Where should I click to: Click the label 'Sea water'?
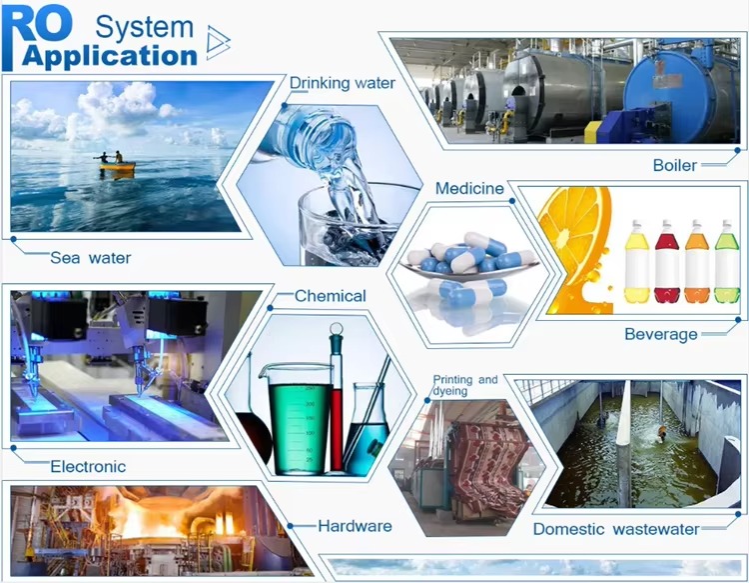pyautogui.click(x=90, y=258)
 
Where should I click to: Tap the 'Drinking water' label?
pyautogui.click(x=342, y=83)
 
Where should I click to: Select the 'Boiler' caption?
pyautogui.click(x=674, y=165)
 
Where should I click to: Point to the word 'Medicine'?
pyautogui.click(x=469, y=188)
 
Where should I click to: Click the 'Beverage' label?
pyautogui.click(x=661, y=334)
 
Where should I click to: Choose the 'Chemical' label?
pyautogui.click(x=331, y=296)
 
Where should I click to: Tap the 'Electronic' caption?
pyautogui.click(x=88, y=466)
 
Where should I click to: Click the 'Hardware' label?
pyautogui.click(x=355, y=526)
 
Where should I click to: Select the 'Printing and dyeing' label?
pyautogui.click(x=464, y=385)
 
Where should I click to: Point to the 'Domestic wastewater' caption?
pyautogui.click(x=616, y=529)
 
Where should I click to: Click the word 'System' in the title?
pyautogui.click(x=144, y=27)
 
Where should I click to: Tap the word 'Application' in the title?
pyautogui.click(x=110, y=56)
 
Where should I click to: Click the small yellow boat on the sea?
pyautogui.click(x=117, y=166)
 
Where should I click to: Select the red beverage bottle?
pyautogui.click(x=667, y=261)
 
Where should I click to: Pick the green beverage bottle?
pyautogui.click(x=727, y=261)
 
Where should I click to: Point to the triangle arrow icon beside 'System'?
pyautogui.click(x=219, y=43)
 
